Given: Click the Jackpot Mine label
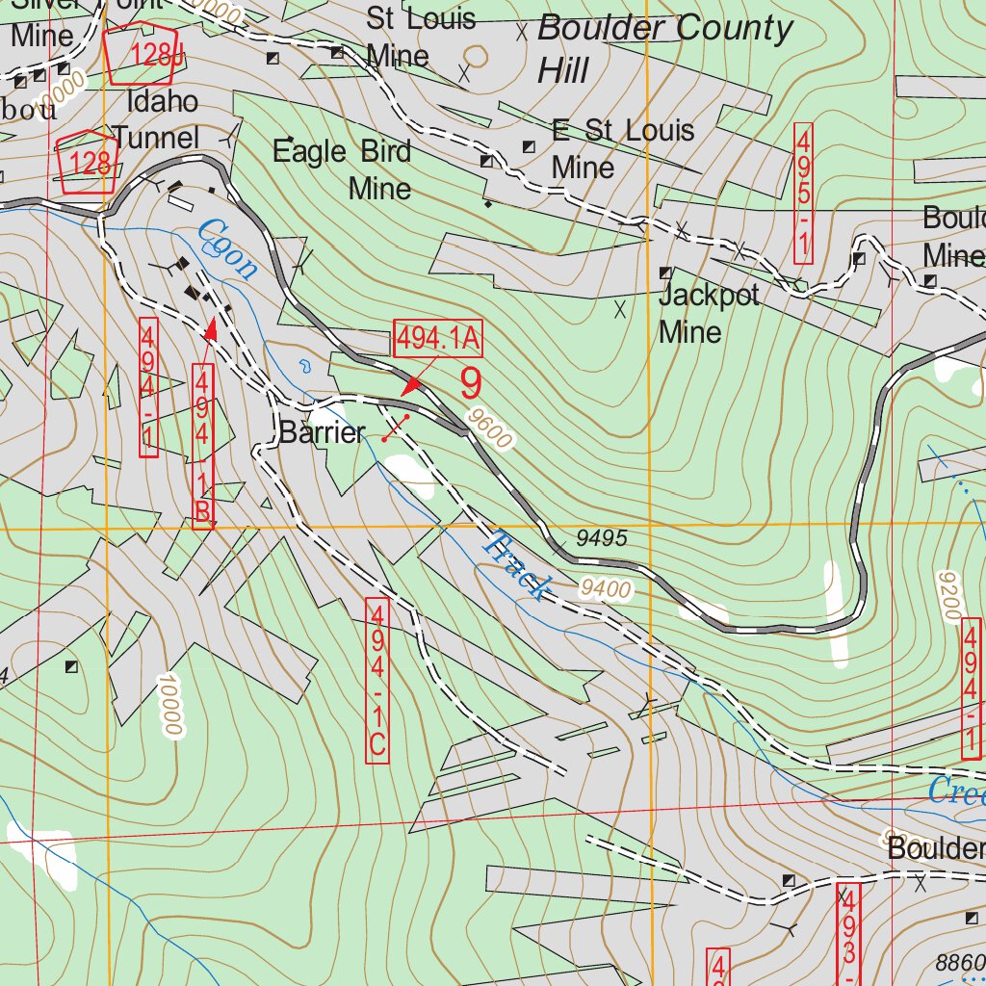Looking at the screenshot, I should click(709, 313).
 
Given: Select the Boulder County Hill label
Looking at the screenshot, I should click(664, 47).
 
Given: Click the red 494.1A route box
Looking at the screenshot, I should click(437, 339).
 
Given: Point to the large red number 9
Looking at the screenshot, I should click(470, 384).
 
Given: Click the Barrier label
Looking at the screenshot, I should click(322, 433).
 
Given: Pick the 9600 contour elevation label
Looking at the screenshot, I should click(489, 428).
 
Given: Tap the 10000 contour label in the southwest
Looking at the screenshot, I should click(172, 705).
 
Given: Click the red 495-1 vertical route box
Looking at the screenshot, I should click(802, 194).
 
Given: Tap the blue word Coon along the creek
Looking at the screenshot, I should click(227, 249).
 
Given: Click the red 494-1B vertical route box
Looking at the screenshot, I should click(203, 445).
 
